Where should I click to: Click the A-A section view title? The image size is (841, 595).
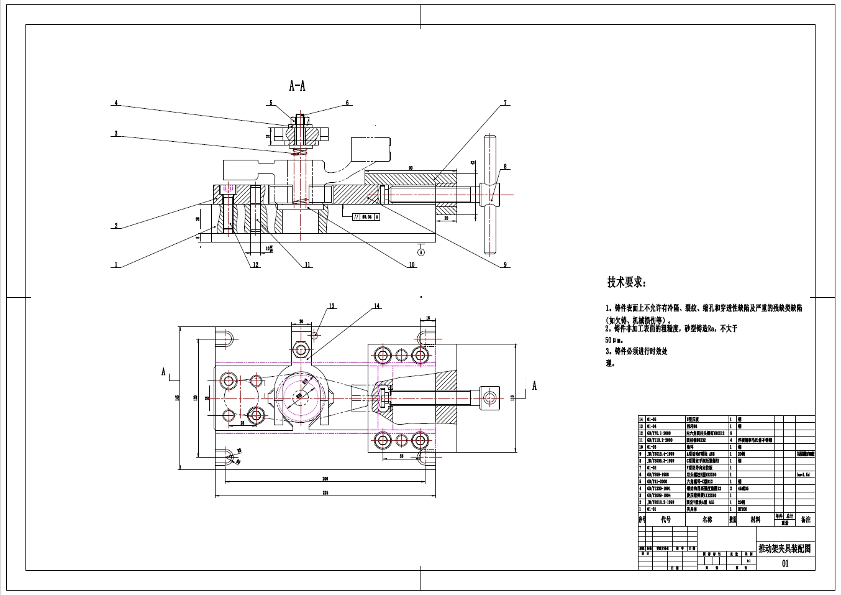tap(297, 86)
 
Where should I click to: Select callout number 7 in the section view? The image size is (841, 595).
tap(505, 103)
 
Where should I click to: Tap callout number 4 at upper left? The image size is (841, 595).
tap(116, 103)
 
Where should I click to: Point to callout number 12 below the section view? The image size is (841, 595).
tap(255, 265)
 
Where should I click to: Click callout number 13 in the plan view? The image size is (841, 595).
tap(332, 306)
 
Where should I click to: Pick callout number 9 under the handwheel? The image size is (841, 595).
tap(506, 265)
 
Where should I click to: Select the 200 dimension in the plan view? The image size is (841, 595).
tap(325, 479)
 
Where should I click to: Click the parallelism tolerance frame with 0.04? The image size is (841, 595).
tap(366, 217)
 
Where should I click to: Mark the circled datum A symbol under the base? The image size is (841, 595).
tap(420, 252)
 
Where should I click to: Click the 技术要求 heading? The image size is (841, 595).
tap(626, 282)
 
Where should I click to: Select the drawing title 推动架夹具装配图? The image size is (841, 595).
tap(784, 548)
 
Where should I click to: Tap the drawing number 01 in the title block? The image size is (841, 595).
tap(784, 564)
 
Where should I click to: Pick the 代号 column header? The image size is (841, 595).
tap(666, 519)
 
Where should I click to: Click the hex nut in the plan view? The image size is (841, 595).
tap(302, 351)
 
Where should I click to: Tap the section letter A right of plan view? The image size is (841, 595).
tap(534, 386)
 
